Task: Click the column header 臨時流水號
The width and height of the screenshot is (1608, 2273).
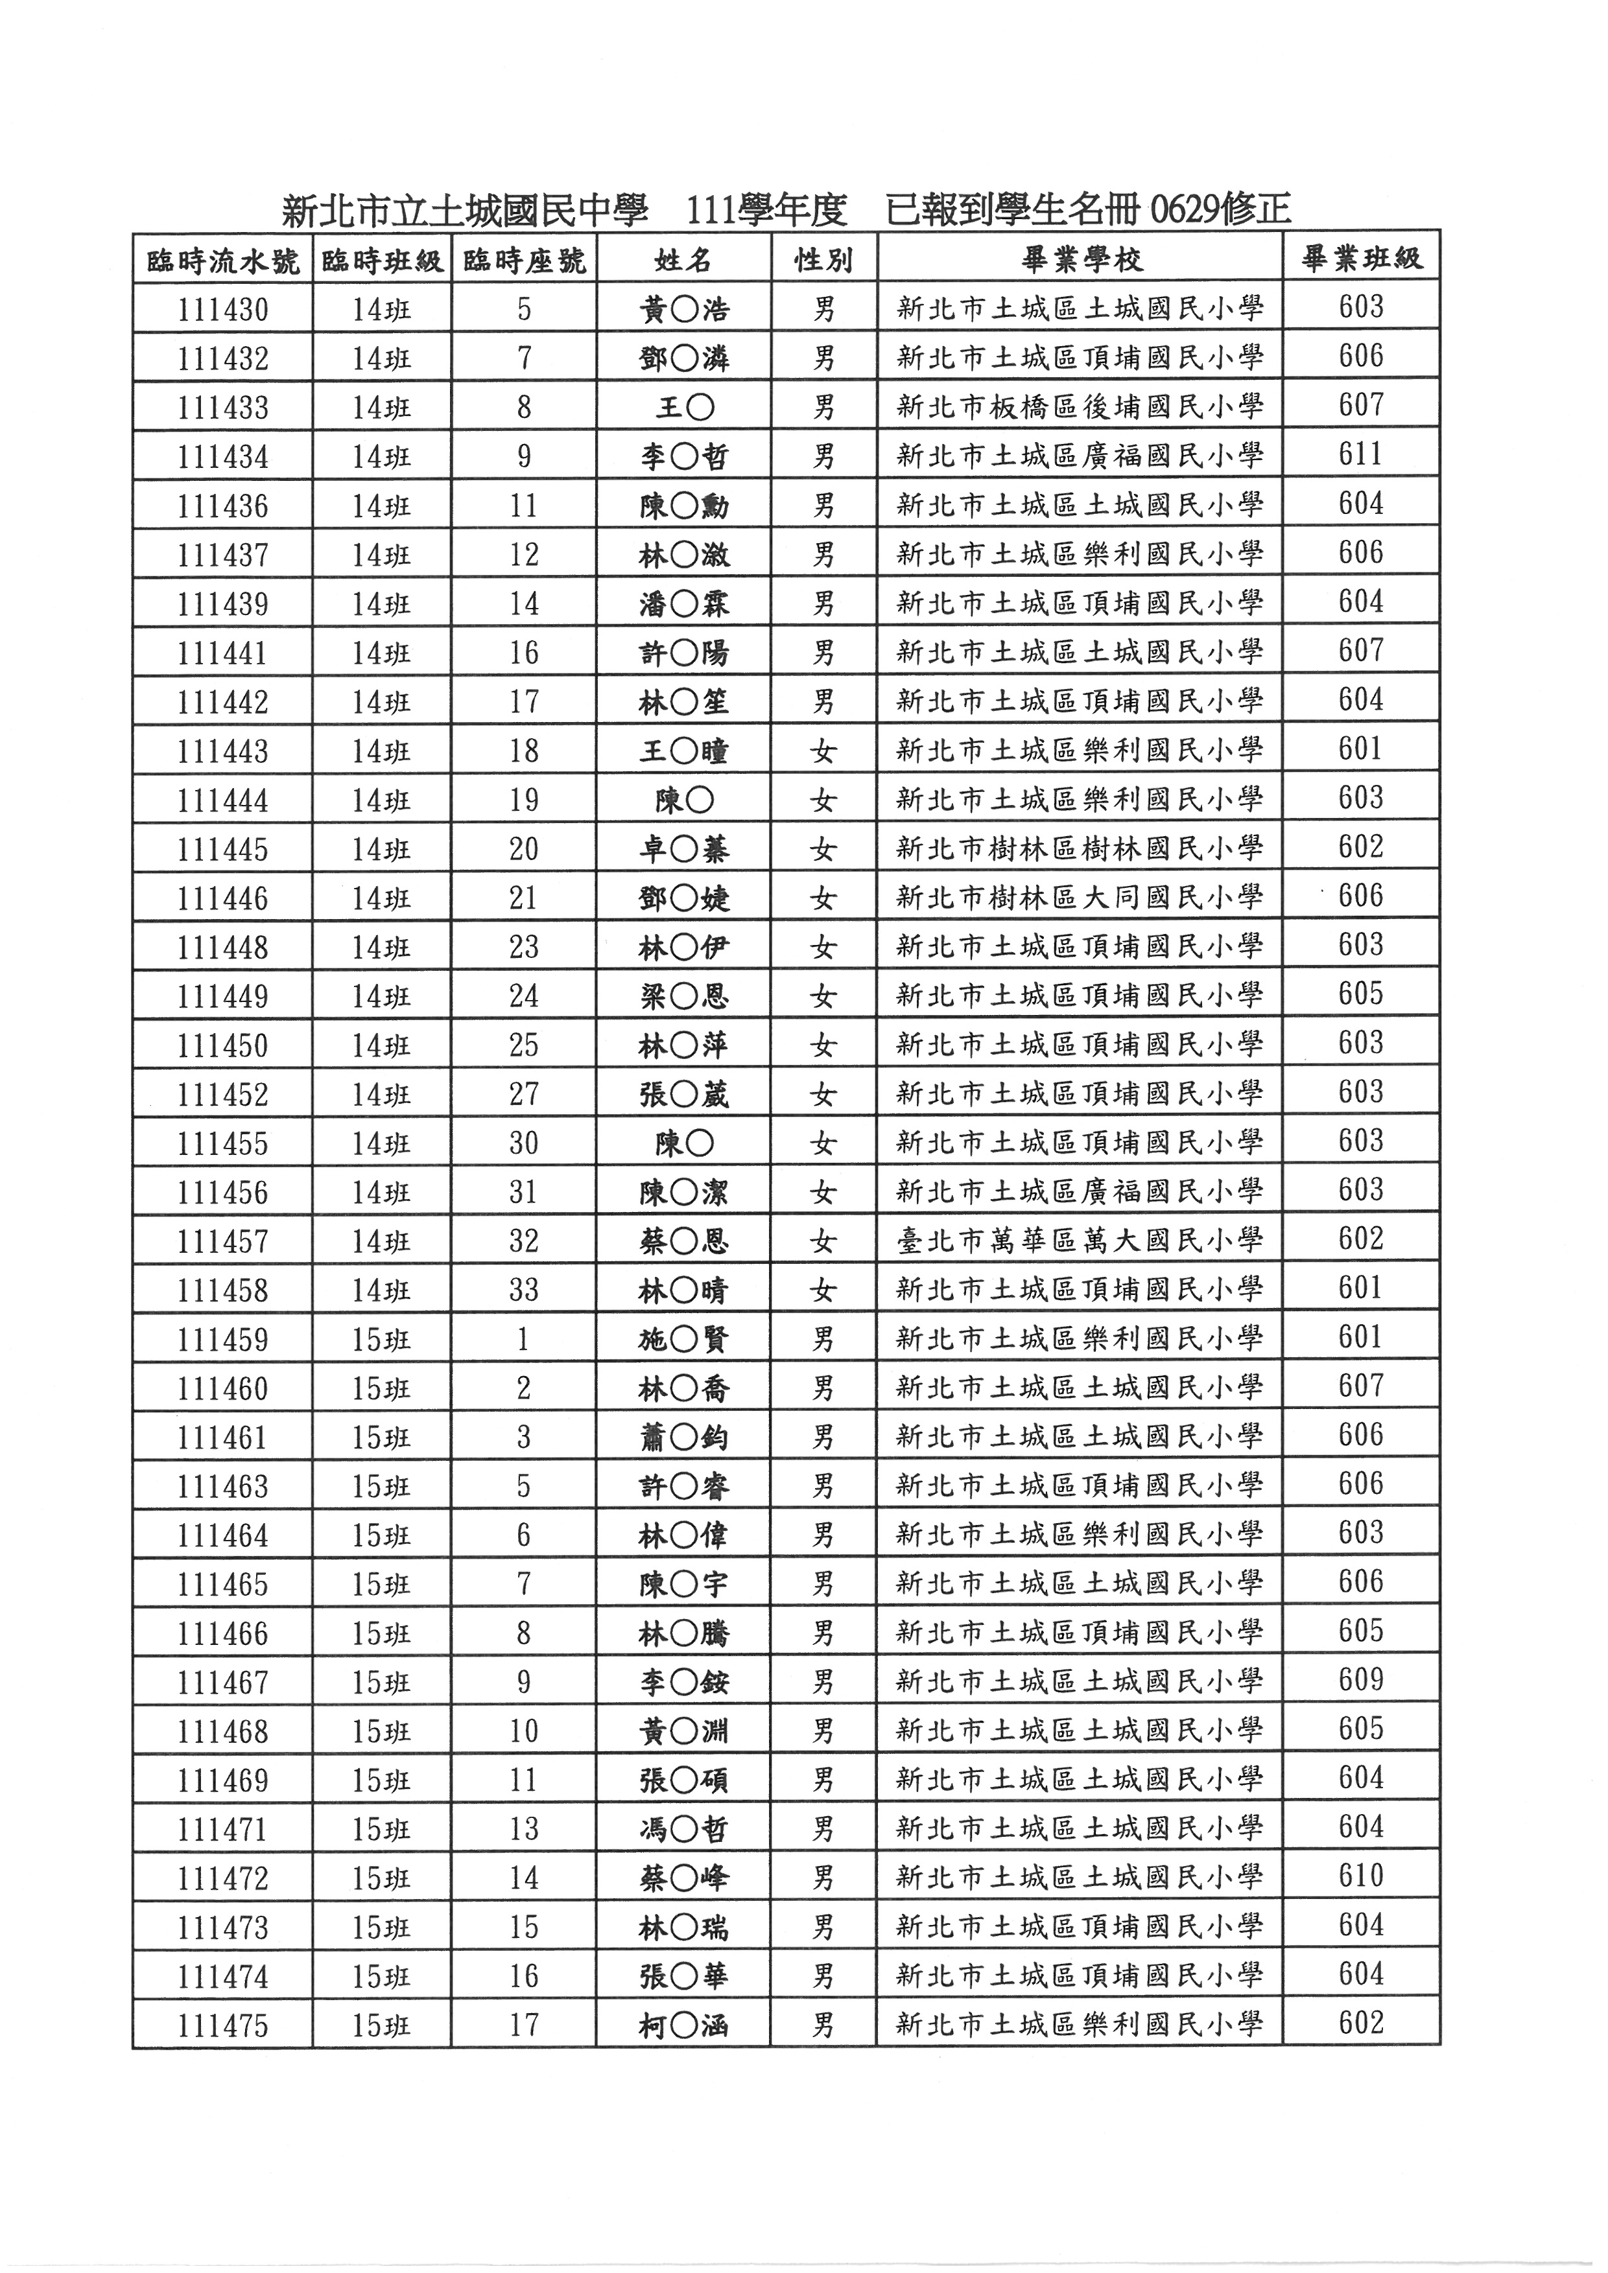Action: pos(223,261)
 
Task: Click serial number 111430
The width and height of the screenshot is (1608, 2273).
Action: pos(223,310)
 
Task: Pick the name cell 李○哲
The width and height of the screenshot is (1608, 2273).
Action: pos(684,456)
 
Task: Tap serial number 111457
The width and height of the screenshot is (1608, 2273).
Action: pos(223,1241)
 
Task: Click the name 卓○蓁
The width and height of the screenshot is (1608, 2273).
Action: pos(684,850)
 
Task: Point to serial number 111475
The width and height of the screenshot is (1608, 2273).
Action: pos(223,2025)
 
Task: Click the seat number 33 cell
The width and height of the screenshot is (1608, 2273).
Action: pos(524,1290)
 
